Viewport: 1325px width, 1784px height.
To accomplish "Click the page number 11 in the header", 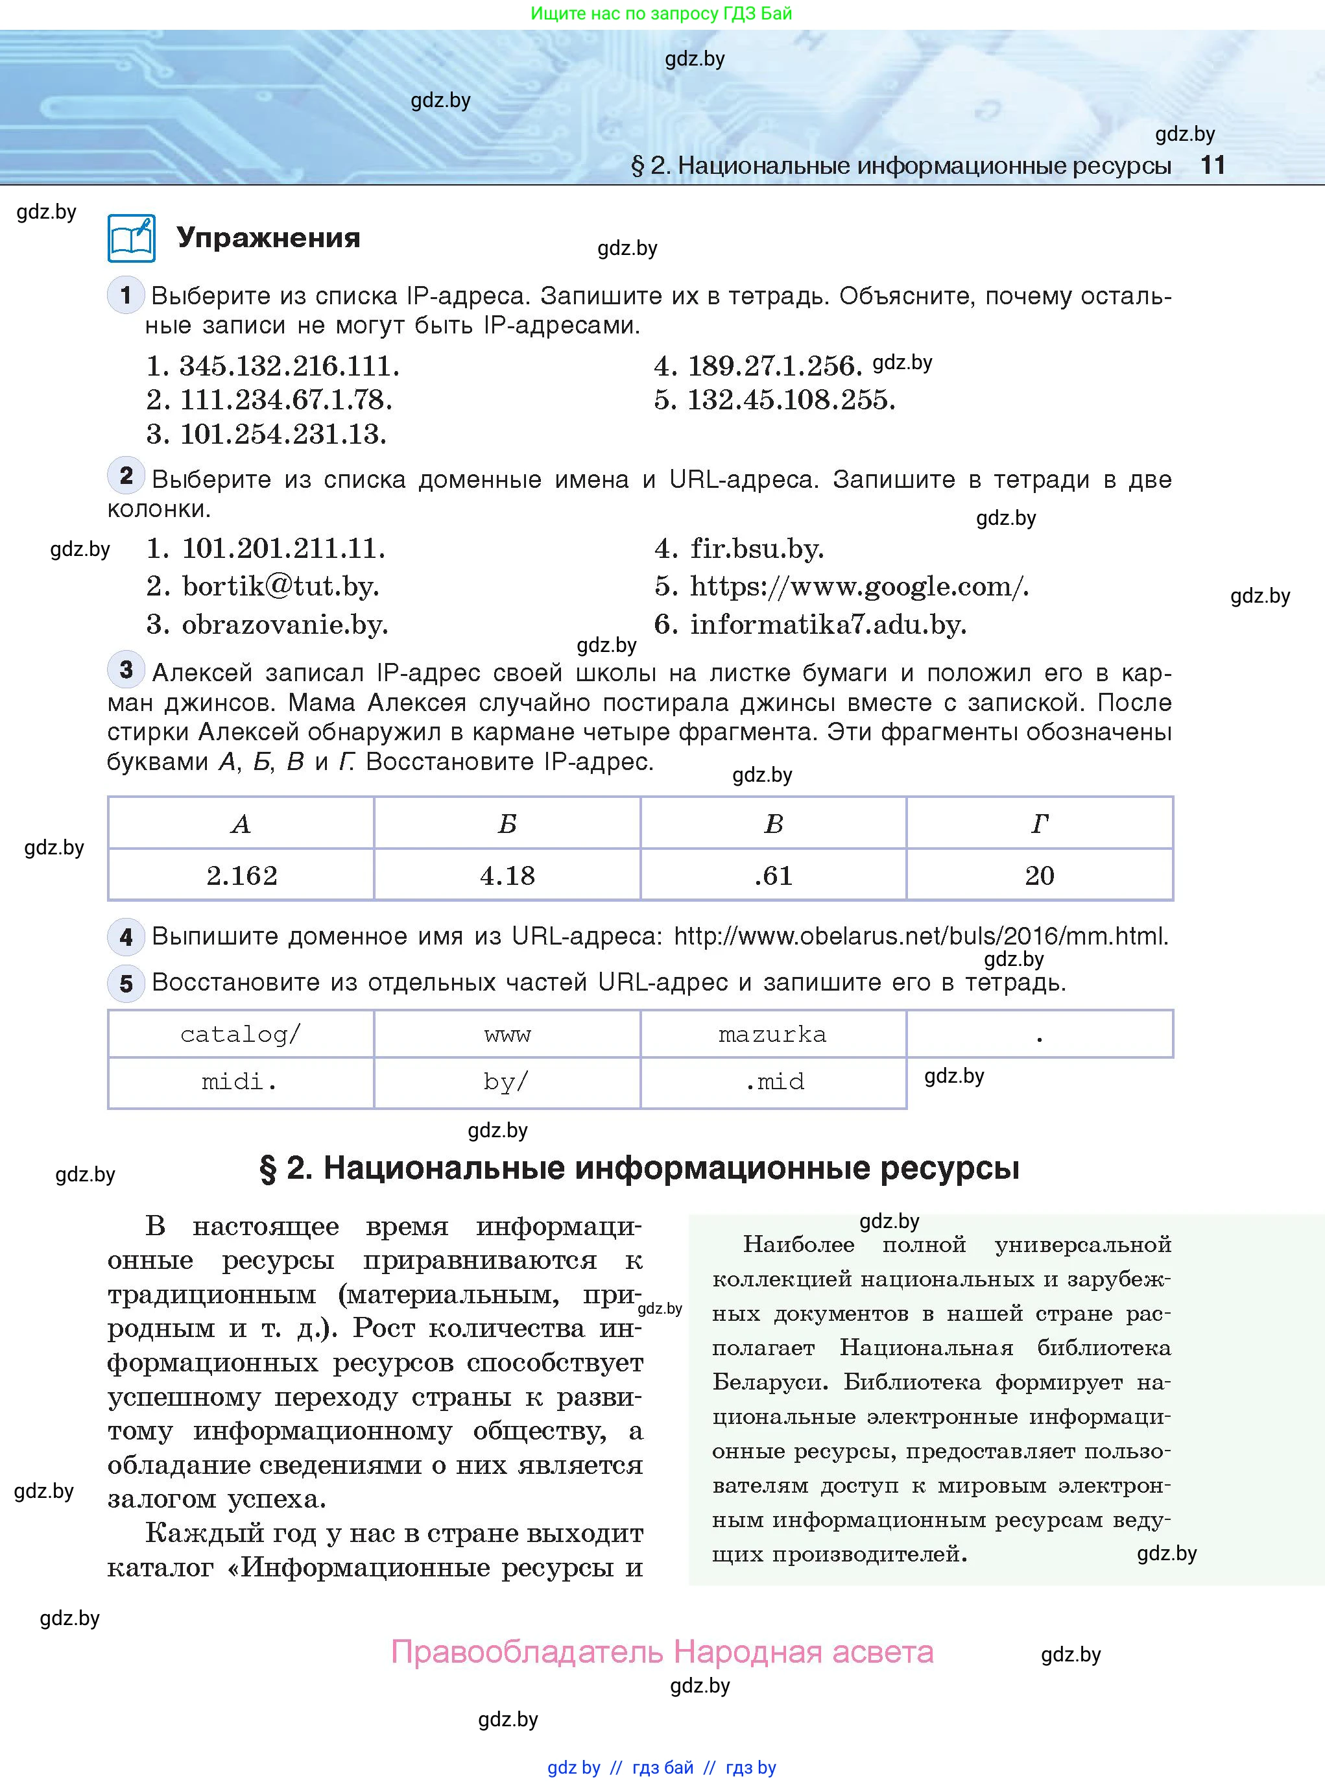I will click(1212, 165).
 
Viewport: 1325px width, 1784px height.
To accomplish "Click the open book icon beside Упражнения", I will click(132, 238).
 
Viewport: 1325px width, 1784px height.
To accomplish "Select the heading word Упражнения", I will click(268, 237).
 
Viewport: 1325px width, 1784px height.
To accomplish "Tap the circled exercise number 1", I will click(125, 295).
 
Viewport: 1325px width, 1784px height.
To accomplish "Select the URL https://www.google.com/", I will click(857, 586).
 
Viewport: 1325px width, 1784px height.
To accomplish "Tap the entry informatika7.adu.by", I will click(827, 624).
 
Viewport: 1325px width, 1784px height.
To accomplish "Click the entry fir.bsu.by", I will click(756, 549).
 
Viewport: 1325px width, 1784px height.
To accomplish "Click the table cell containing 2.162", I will click(241, 875).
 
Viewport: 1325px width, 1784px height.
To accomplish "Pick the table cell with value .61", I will click(773, 875).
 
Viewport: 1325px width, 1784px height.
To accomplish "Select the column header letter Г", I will click(1040, 824).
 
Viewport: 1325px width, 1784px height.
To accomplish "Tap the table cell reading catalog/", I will click(241, 1034).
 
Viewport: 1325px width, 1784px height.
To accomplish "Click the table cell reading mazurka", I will click(772, 1034).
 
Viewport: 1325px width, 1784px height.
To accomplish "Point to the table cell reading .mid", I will click(774, 1082).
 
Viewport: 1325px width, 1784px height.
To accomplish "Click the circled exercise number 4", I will click(126, 936).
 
